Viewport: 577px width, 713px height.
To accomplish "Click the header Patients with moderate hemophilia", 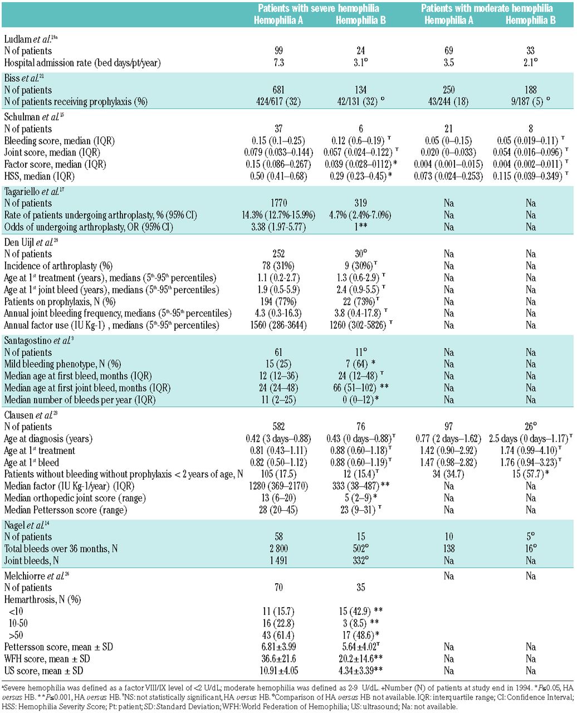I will pos(486,8).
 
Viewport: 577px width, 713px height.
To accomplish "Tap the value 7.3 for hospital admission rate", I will pos(280,64).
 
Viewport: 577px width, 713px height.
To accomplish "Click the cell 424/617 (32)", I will pos(280,101).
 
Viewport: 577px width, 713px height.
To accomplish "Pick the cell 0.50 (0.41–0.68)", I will pos(280,177).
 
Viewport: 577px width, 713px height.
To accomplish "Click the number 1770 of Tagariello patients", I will pos(280,203).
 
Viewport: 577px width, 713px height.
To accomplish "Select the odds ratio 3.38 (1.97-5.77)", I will pos(280,227).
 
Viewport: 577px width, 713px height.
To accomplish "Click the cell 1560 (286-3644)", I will pos(280,325).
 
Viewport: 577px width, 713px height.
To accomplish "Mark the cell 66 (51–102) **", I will pos(361,388).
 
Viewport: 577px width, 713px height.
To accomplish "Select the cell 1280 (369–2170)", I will pos(280,486).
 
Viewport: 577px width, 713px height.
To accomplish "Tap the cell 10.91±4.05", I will pos(280,670).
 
